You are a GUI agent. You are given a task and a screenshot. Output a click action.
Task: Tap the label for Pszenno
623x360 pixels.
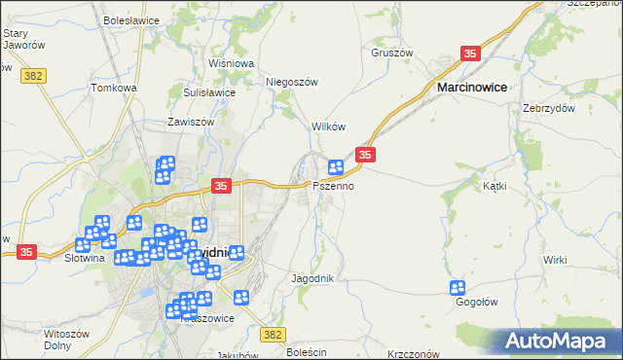[333, 185]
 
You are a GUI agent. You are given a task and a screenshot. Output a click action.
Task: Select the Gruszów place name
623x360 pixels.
[392, 53]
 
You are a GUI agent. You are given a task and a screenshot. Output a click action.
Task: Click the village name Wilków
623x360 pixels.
[328, 127]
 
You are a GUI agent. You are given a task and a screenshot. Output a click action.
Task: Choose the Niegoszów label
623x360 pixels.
[292, 83]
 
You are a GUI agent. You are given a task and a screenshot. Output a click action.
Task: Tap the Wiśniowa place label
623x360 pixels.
[231, 63]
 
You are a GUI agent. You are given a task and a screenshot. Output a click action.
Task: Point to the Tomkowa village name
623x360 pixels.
[114, 88]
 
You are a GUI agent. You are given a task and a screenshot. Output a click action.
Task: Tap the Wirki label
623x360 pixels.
[555, 260]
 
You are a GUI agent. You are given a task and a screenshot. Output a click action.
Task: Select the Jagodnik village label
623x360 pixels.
[313, 278]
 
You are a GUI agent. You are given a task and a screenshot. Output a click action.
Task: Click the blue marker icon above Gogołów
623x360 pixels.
[458, 287]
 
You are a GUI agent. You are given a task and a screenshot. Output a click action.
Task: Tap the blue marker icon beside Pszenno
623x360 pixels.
[336, 167]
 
